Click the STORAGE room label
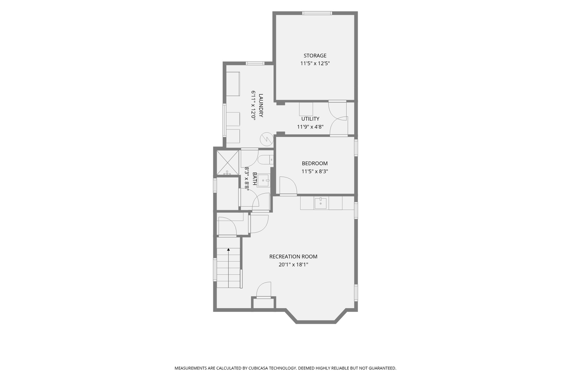pos(315,56)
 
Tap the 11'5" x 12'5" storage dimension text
pos(315,64)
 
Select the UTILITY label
pos(310,119)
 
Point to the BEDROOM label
pos(314,163)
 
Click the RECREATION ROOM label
pos(293,256)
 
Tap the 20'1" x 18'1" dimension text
pos(293,265)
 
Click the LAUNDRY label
pos(261,105)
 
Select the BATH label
pos(254,179)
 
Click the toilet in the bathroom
pos(265,160)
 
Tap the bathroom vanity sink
pos(263,180)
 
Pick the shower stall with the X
pos(227,163)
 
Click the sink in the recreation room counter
pos(320,203)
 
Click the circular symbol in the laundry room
pos(266,139)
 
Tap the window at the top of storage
pos(317,13)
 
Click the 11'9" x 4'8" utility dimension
pos(310,127)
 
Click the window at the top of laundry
pos(255,63)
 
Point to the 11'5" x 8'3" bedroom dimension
pos(314,171)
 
